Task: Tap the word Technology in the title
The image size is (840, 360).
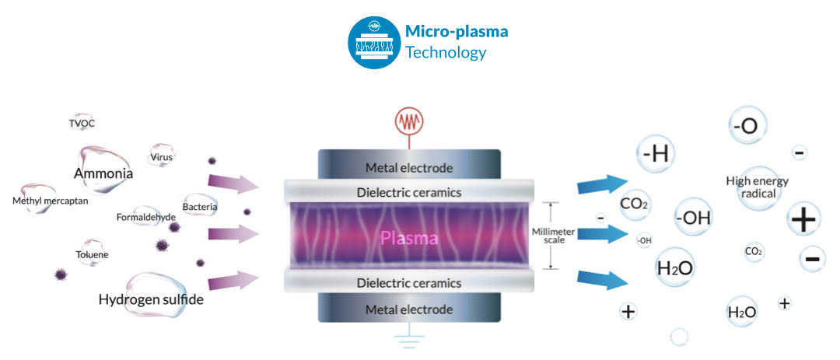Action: (446, 53)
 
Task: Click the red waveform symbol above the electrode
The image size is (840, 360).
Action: (409, 121)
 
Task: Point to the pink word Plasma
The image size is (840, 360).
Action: (409, 237)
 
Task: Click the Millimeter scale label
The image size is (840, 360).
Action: (554, 236)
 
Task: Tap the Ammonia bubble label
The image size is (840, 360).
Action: (103, 173)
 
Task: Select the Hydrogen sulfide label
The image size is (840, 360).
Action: (151, 299)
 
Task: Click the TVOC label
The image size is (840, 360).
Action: (82, 124)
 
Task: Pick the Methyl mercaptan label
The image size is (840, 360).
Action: (50, 201)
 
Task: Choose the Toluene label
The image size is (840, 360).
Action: (92, 254)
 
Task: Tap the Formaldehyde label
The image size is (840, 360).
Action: (145, 217)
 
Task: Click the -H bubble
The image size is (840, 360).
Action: (655, 154)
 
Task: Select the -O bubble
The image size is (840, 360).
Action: (747, 125)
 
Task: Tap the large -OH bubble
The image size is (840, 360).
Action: (693, 218)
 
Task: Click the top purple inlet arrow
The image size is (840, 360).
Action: (233, 183)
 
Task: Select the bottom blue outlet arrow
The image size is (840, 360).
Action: (602, 280)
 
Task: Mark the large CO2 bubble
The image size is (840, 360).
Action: (635, 204)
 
